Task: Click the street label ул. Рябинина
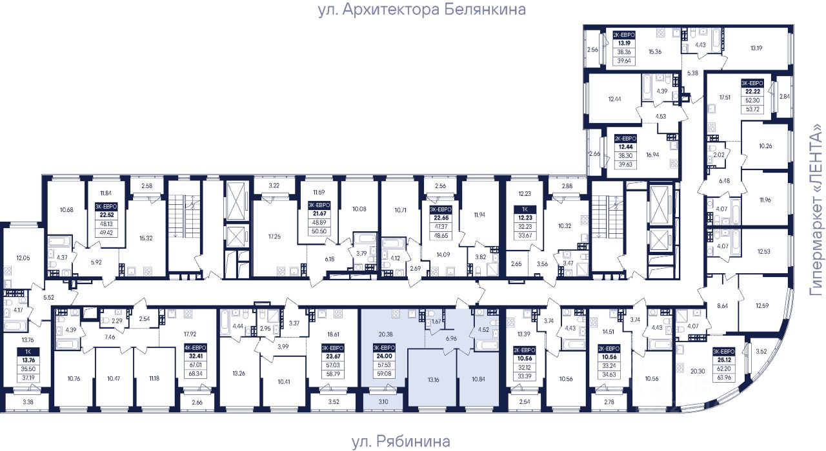click(400, 441)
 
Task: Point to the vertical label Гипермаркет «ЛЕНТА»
click(818, 211)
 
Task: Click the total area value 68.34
click(193, 374)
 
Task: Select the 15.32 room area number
click(146, 220)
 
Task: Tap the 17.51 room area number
click(718, 99)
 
